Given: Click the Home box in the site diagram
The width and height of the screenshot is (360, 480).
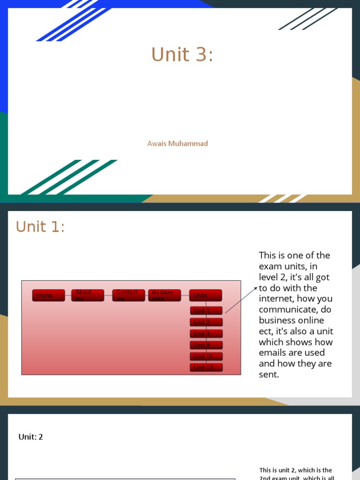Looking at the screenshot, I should (49, 295).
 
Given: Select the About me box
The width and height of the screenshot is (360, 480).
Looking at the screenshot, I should (88, 295).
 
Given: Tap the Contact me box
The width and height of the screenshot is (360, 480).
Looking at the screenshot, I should (128, 295).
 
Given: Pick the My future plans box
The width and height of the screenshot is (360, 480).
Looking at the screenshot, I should (165, 295).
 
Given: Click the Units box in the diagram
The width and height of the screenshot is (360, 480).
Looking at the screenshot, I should (205, 295).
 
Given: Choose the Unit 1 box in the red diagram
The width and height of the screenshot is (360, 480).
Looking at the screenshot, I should (206, 310).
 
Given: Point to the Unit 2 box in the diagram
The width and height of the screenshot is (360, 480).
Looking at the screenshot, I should (206, 322).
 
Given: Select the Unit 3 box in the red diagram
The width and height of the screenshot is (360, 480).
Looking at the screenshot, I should (206, 334).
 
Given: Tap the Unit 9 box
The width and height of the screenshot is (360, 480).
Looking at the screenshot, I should (206, 345).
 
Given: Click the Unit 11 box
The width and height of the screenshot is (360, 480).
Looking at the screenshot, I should (206, 356).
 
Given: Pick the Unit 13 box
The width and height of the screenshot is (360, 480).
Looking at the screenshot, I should (206, 367).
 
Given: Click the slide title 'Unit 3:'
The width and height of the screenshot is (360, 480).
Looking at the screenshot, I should (182, 55).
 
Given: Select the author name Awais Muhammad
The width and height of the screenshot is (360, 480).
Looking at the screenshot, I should (178, 143).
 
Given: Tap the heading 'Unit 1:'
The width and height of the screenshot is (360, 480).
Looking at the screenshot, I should (40, 227).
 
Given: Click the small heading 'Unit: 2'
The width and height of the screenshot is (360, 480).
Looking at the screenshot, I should (30, 437).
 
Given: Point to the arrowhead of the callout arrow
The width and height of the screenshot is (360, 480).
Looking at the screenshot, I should (256, 288).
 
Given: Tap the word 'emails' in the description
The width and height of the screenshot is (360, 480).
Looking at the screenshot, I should (272, 353).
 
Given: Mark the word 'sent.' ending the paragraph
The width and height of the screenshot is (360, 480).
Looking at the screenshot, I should (269, 375).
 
